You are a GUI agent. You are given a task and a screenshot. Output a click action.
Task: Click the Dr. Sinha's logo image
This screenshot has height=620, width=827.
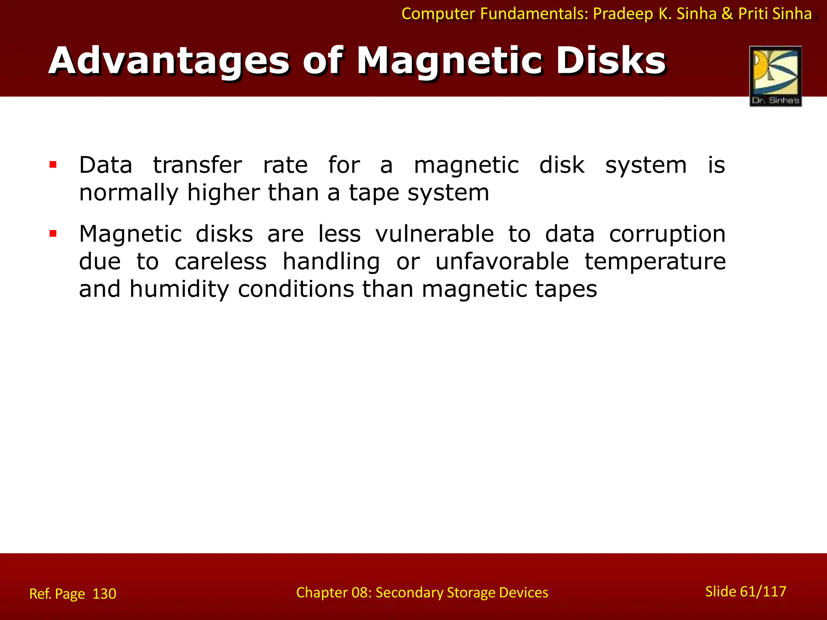(x=775, y=76)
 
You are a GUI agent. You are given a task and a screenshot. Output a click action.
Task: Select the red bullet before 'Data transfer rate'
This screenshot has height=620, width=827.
(x=53, y=164)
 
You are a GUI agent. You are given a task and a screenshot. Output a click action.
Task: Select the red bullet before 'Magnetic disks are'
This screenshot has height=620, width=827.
(x=53, y=233)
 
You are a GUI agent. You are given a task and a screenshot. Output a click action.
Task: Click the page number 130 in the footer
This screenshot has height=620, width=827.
(x=104, y=594)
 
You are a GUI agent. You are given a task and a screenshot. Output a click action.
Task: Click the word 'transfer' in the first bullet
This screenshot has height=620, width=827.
(x=197, y=165)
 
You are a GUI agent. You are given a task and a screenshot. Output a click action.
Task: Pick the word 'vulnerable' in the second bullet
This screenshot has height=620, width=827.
(x=434, y=234)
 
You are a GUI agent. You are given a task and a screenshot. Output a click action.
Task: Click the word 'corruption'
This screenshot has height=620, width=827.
(x=667, y=235)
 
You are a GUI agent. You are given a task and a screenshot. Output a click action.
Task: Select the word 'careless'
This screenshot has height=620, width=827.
(x=220, y=262)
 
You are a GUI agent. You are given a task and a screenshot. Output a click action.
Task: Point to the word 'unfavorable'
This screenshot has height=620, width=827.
(x=502, y=262)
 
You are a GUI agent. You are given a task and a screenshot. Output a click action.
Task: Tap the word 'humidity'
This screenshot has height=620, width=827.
(x=179, y=289)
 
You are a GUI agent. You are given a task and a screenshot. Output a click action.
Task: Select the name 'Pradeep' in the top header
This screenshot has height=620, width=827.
(x=623, y=14)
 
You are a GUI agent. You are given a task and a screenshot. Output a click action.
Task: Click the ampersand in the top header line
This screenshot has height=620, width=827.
(x=727, y=14)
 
